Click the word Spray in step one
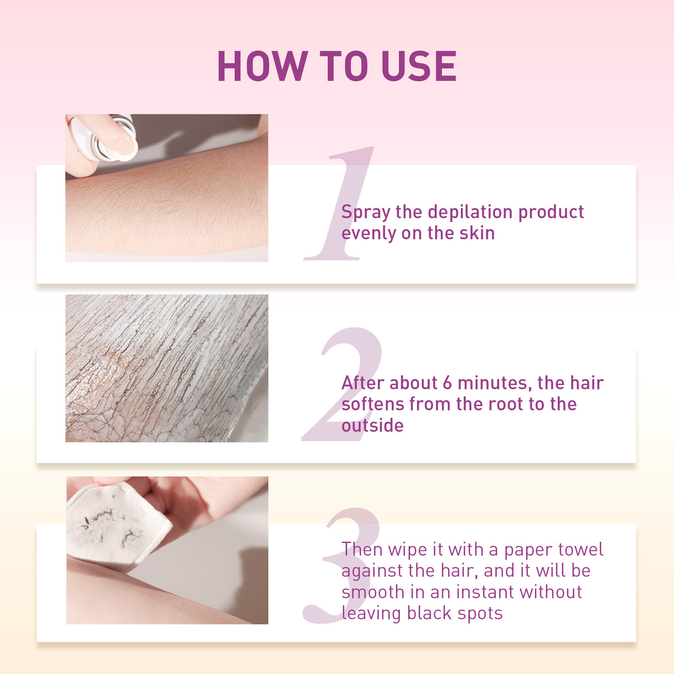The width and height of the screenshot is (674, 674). pos(366,213)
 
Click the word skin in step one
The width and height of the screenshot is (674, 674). pos(477,233)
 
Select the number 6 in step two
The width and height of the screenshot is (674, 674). pos(447,383)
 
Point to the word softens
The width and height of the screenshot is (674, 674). pos(373,404)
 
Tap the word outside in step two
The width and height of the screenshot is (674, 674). pos(373,426)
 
